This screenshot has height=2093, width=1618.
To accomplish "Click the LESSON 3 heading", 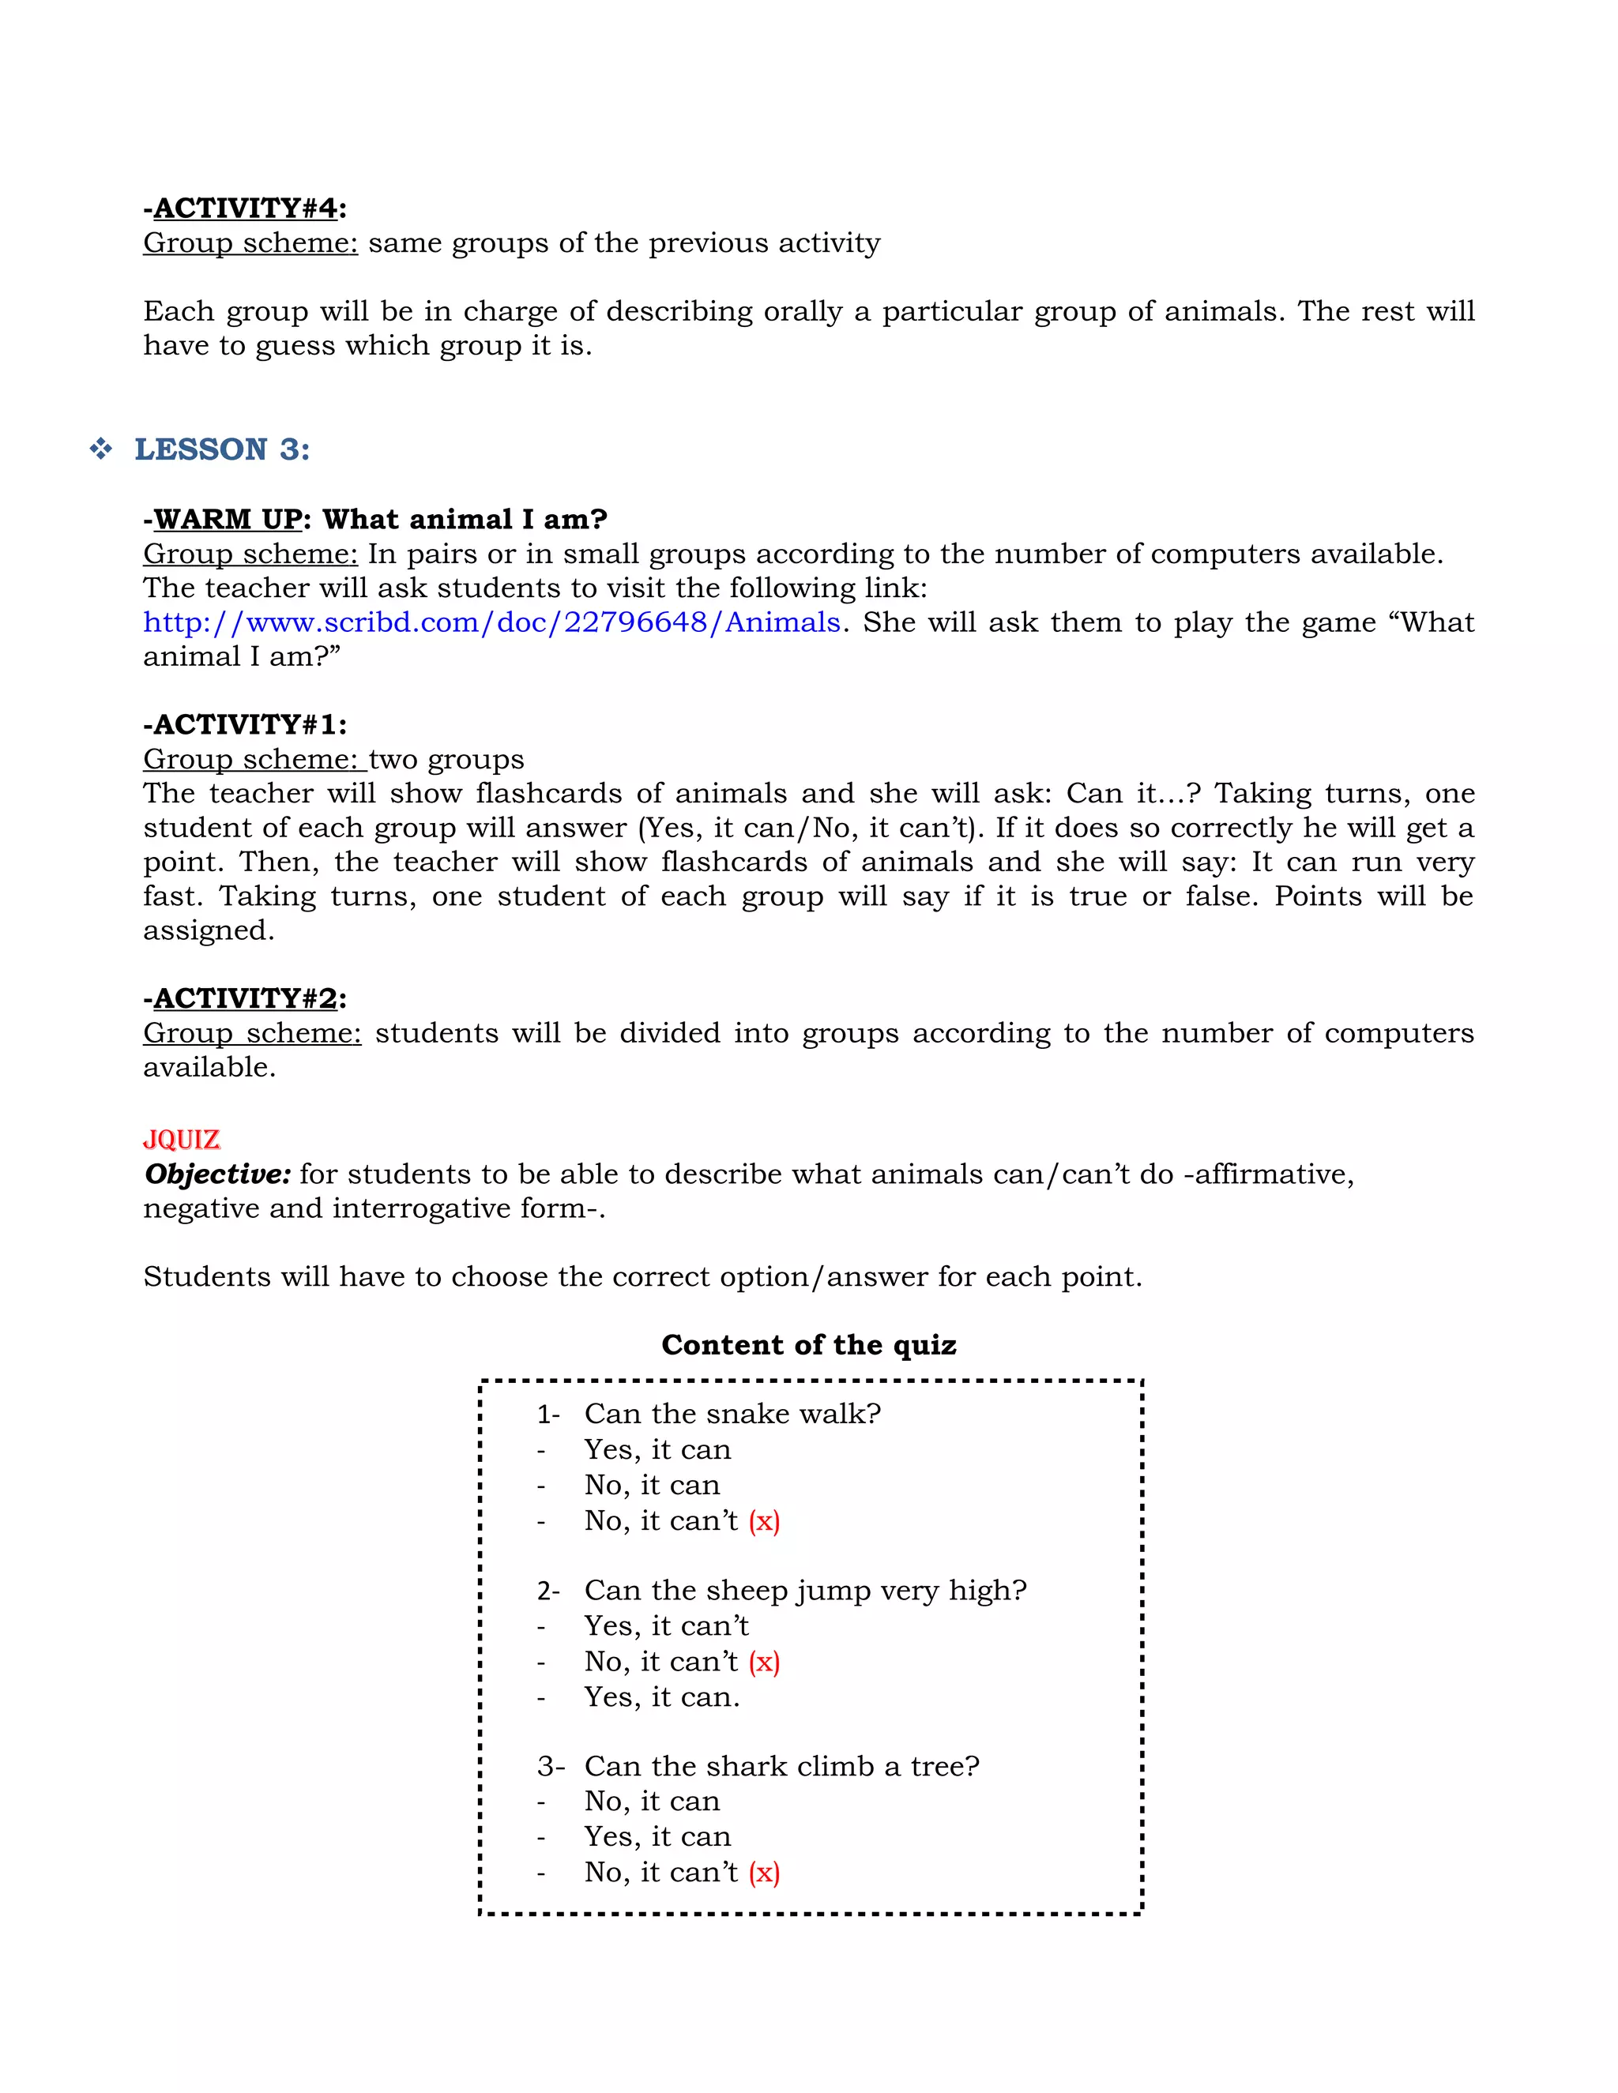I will [x=221, y=449].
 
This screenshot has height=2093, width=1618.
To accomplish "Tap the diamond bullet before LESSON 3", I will [x=100, y=449].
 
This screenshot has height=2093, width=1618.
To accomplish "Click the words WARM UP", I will [x=228, y=520].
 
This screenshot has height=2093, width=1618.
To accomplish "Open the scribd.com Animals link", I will [x=491, y=623].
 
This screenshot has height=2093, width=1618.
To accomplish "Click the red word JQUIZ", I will [x=181, y=1140].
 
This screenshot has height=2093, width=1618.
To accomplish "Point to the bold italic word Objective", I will [x=216, y=1174].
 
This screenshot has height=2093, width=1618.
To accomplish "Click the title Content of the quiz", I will [x=808, y=1344].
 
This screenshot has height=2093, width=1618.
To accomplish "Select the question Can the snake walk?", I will [x=732, y=1414].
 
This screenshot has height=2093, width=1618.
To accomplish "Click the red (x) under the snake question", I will [x=764, y=1521].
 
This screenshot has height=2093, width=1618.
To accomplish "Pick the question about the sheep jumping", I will [x=805, y=1590].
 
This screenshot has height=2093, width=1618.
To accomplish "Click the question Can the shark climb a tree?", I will [x=781, y=1765].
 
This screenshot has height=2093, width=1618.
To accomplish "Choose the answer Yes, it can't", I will [x=666, y=1625].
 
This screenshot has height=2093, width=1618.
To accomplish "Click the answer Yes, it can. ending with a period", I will [x=661, y=1697].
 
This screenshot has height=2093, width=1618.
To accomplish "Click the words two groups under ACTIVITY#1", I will [x=446, y=759].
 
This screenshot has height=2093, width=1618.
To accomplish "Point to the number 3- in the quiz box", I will [x=550, y=1766].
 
